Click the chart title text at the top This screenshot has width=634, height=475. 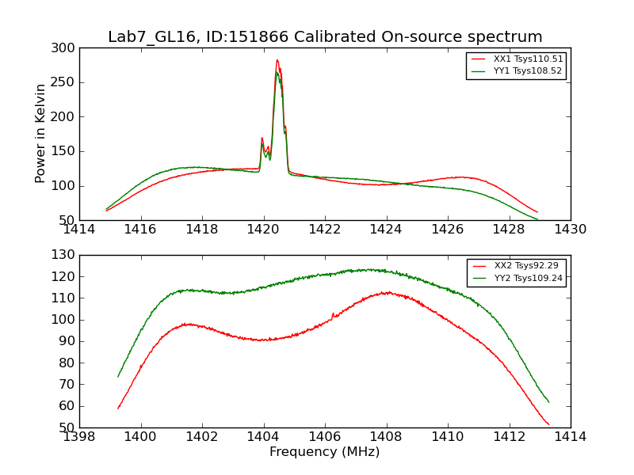tap(325, 37)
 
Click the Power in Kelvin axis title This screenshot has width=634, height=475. tap(41, 134)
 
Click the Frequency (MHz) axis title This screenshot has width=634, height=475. tap(325, 452)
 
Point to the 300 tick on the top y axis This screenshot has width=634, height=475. tap(65, 48)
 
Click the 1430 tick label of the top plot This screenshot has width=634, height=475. tap(570, 230)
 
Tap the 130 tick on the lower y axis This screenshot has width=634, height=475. tap(65, 255)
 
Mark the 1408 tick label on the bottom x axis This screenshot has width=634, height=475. tap(386, 436)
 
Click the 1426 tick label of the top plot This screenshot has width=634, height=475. tap(447, 230)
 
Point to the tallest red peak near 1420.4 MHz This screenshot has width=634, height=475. tap(277, 60)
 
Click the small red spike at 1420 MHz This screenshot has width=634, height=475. tap(262, 139)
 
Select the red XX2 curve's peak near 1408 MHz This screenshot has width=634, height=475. tap(386, 292)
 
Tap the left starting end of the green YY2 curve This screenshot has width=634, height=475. tap(118, 376)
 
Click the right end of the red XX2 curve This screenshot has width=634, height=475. tap(548, 424)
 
